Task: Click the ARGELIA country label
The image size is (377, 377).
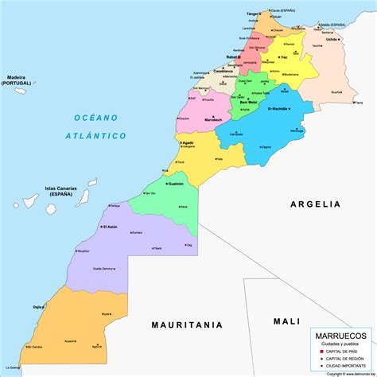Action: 313,204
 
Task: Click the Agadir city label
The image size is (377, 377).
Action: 188,143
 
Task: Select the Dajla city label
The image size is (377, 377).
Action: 37,306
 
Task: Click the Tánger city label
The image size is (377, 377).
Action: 254,14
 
